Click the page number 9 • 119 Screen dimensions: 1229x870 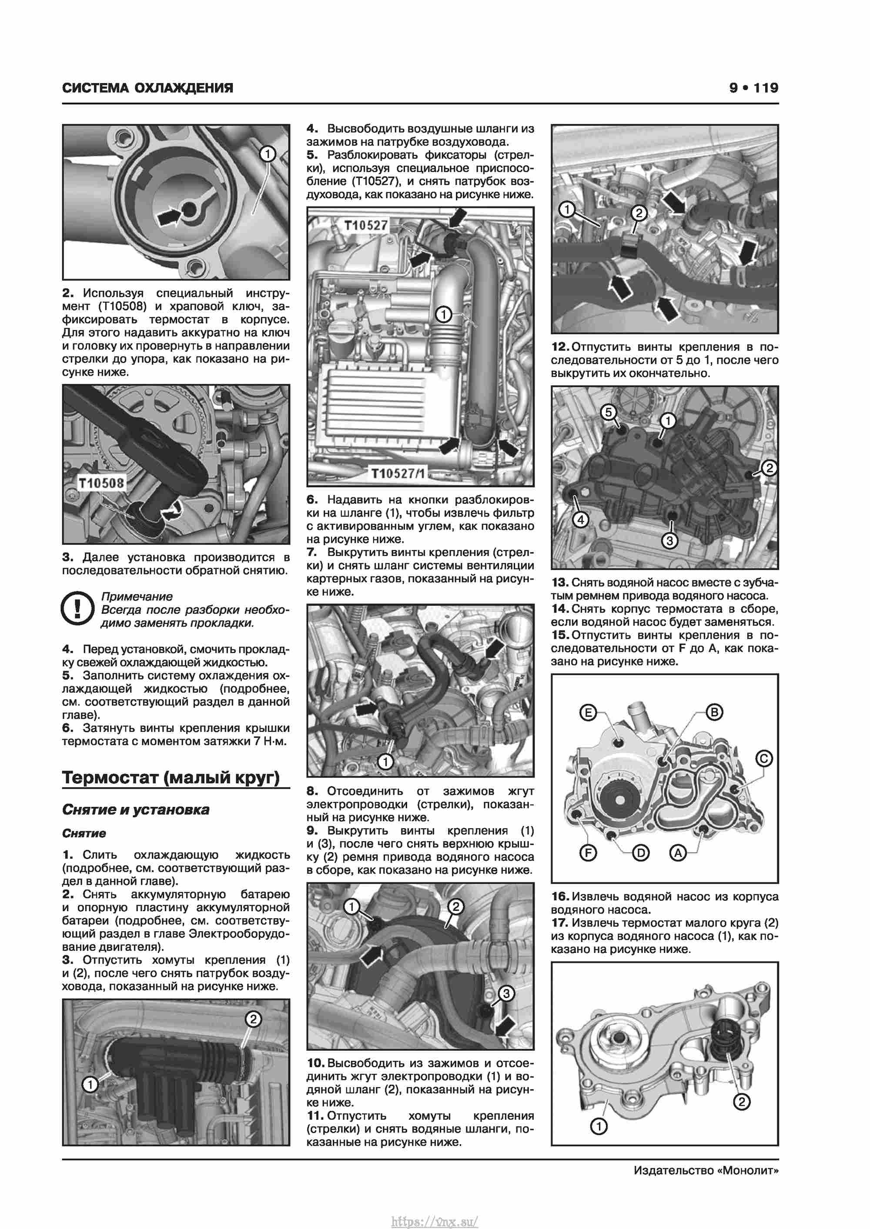[x=753, y=88]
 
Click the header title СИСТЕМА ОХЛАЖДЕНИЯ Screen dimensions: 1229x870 [x=148, y=88]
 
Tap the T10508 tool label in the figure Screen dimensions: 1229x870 [x=101, y=483]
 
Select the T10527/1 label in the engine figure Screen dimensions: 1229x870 [x=398, y=474]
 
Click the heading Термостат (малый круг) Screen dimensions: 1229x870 [x=171, y=777]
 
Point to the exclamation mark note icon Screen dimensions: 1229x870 [x=78, y=609]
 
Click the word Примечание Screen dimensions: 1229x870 [x=137, y=596]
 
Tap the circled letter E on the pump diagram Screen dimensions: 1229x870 [x=588, y=713]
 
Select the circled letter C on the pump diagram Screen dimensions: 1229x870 [x=763, y=759]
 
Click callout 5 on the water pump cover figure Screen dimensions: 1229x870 [x=609, y=412]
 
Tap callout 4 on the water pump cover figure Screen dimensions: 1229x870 [x=581, y=519]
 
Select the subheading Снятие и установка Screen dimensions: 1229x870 [x=136, y=809]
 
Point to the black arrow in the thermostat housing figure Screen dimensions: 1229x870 [x=168, y=217]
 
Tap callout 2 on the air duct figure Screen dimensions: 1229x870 [x=254, y=1019]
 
